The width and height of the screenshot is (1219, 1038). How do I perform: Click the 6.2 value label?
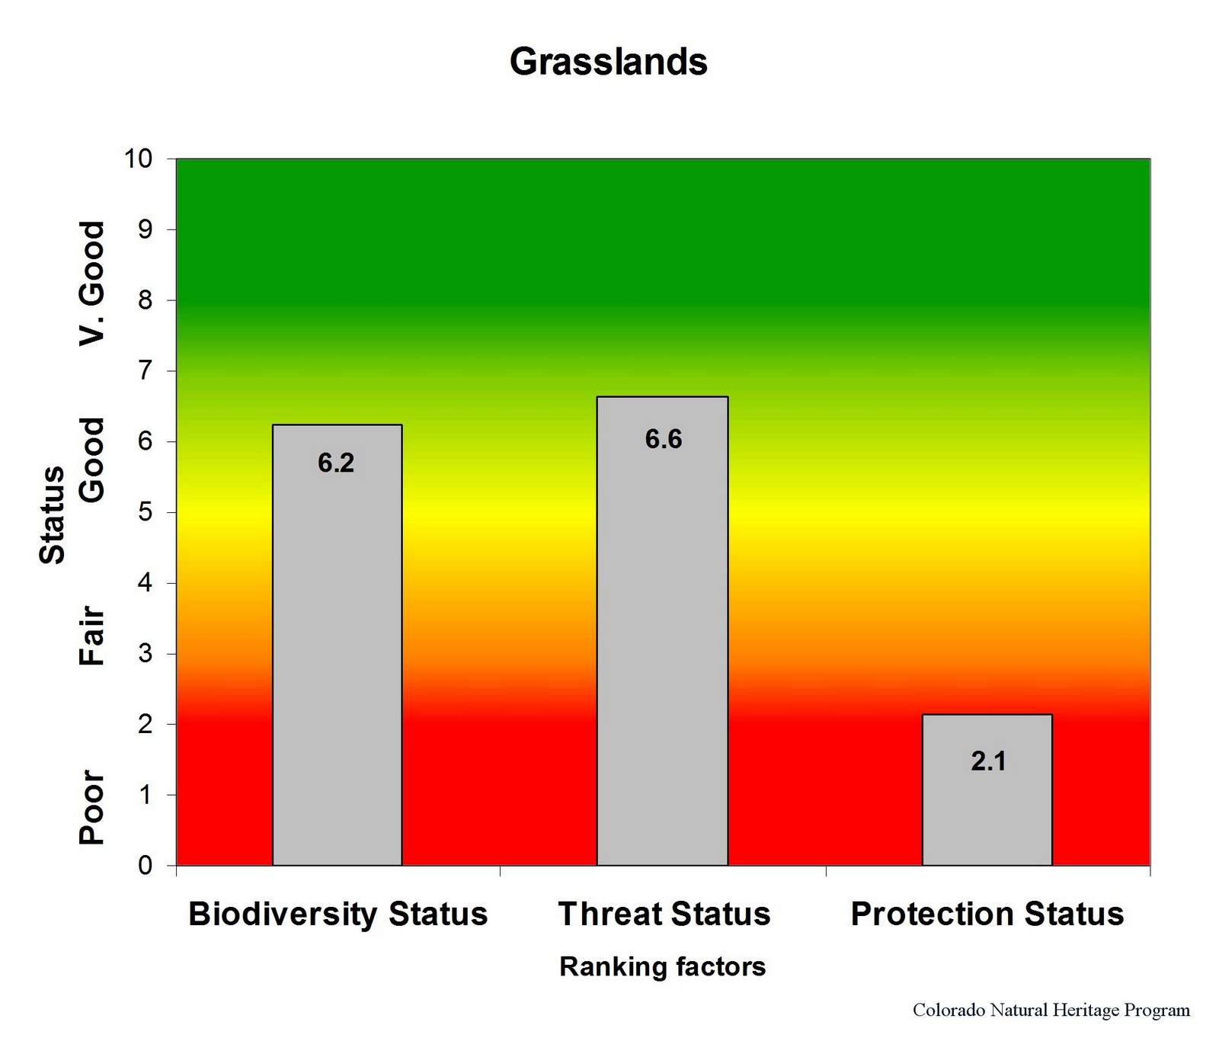click(x=336, y=463)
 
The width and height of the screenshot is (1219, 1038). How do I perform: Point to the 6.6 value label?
click(x=664, y=440)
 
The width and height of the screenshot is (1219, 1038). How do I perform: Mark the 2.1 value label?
click(x=988, y=761)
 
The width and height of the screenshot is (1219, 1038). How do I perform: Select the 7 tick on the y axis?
click(x=146, y=371)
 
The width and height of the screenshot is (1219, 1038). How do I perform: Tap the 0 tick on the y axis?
click(x=146, y=866)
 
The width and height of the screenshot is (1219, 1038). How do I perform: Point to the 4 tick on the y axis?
click(x=146, y=583)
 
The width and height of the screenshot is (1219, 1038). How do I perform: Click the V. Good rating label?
click(x=92, y=284)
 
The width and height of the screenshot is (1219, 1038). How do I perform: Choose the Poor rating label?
click(x=92, y=807)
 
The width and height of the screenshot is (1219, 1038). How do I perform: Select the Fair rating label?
click(x=92, y=636)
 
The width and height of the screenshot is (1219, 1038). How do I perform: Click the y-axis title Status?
click(x=53, y=515)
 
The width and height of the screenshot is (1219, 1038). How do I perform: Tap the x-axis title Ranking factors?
click(x=662, y=967)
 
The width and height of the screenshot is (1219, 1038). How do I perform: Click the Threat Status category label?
click(x=664, y=914)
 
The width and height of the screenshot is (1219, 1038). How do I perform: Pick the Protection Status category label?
click(x=987, y=914)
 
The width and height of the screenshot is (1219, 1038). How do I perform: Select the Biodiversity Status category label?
click(x=338, y=914)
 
